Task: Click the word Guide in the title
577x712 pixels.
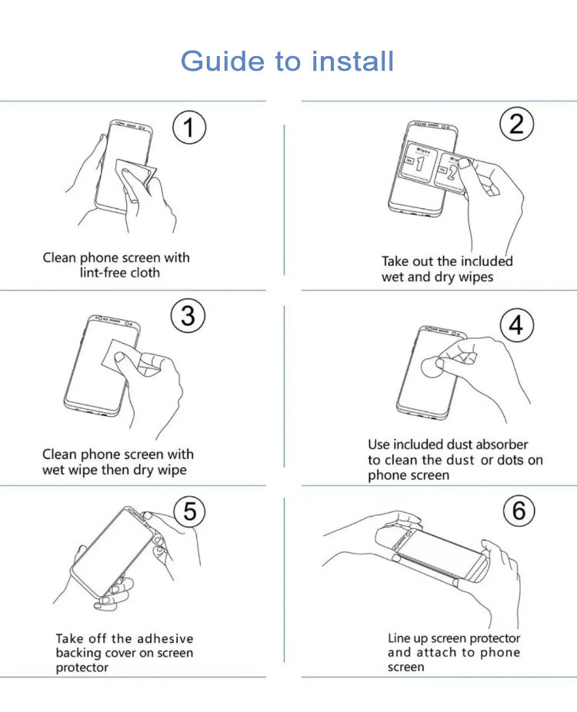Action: [x=222, y=62]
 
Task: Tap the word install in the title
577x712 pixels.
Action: [x=352, y=61]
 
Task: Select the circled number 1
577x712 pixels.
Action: [x=189, y=128]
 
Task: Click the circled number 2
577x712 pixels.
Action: [x=516, y=124]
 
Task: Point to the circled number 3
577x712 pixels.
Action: [x=188, y=315]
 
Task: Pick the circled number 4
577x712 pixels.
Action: [x=516, y=325]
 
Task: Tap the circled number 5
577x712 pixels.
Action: [x=190, y=511]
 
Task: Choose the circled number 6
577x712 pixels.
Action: [x=519, y=511]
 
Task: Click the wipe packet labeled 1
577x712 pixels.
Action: [x=419, y=164]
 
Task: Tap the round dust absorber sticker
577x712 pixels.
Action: [x=432, y=368]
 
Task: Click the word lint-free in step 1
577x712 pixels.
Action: [x=98, y=272]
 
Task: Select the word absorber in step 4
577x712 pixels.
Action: [x=502, y=444]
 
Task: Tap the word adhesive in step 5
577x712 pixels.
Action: [x=165, y=638]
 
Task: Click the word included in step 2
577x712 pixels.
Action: [x=486, y=261]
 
